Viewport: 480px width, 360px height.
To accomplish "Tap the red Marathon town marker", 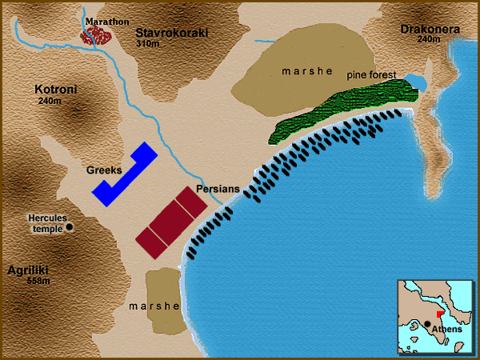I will pos(99,35).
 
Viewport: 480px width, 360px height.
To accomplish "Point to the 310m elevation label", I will pos(149,46).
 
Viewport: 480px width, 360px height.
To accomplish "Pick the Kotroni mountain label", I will pos(55,90).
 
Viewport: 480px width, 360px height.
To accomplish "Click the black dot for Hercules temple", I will pos(70,227).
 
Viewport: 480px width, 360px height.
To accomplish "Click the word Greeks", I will pos(104,170).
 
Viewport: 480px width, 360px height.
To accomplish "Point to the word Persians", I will pos(218,189).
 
